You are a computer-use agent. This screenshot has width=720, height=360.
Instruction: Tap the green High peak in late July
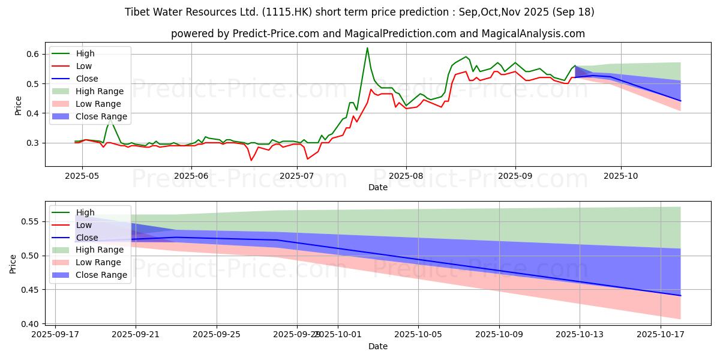click(x=367, y=48)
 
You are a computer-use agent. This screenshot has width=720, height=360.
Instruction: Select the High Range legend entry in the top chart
click(x=99, y=91)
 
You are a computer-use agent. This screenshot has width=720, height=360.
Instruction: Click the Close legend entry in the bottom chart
click(x=87, y=238)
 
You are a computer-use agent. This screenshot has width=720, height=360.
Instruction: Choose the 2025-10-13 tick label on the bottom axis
click(x=580, y=335)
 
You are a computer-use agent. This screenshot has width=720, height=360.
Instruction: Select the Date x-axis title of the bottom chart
click(x=377, y=347)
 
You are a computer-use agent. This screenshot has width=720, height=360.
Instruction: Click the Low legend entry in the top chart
click(x=84, y=66)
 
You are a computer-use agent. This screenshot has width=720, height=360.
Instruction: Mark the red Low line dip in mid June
click(x=251, y=160)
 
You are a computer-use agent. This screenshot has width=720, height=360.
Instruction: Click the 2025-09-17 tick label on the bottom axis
click(x=55, y=335)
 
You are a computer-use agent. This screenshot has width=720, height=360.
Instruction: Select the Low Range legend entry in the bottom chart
click(x=98, y=262)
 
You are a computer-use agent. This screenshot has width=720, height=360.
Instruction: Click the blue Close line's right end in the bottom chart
click(x=680, y=295)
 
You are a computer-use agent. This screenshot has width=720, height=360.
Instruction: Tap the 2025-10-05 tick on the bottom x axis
click(x=418, y=335)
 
